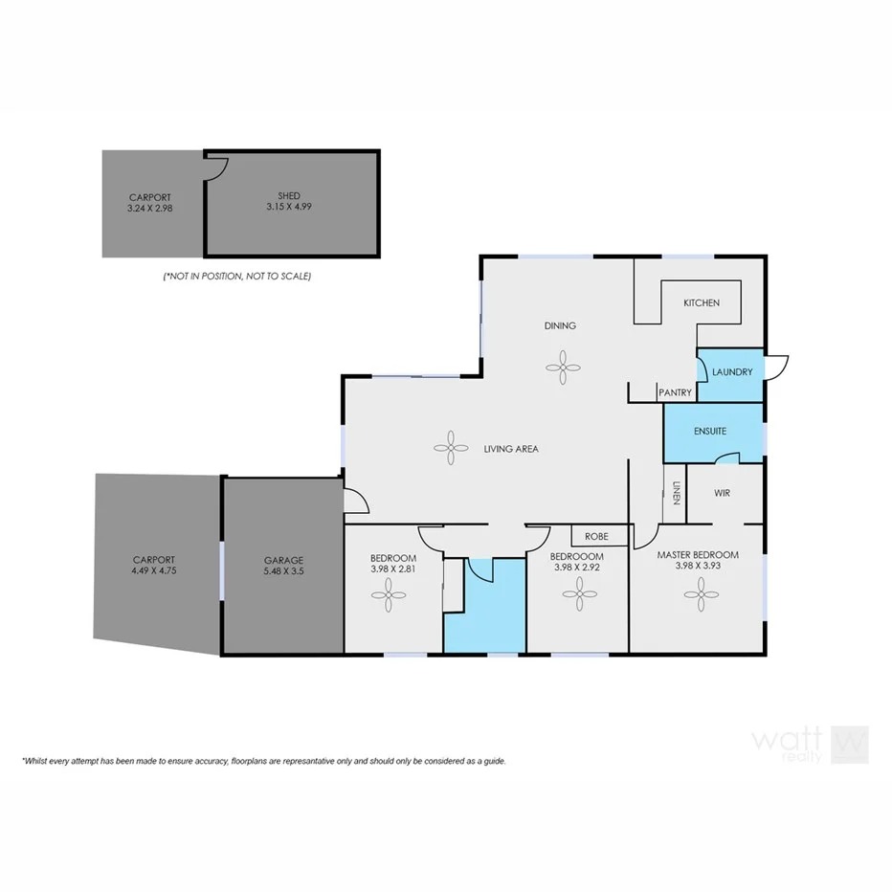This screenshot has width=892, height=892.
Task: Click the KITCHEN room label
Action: (x=701, y=302)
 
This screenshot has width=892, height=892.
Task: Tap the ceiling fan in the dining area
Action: (x=562, y=364)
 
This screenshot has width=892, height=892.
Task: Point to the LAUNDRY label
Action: (x=732, y=372)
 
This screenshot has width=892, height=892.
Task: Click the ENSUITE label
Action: (x=709, y=431)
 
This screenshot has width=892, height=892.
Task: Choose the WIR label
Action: (x=723, y=494)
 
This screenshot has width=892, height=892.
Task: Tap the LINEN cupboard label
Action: (x=676, y=491)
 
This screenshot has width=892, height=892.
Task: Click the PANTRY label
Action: (x=674, y=392)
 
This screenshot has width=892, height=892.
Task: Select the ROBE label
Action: (x=597, y=536)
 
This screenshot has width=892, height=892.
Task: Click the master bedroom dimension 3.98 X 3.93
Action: (x=697, y=567)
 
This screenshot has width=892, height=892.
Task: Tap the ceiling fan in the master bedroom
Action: (x=699, y=598)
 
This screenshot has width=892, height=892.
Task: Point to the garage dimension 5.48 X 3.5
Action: (x=283, y=572)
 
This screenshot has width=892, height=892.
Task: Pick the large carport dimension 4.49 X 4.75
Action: (x=154, y=571)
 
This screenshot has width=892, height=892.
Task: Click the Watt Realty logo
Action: (x=810, y=742)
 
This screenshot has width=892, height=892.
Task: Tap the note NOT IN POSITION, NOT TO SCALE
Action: (x=236, y=276)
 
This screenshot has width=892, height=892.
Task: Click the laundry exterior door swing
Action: (x=776, y=367)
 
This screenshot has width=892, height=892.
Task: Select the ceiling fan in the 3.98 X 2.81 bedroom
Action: (x=392, y=598)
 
